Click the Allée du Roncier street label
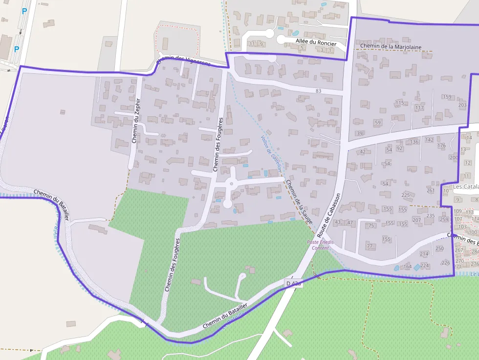pyautogui.click(x=316, y=42)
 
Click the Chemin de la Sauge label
pyautogui.click(x=299, y=202)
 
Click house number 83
pyautogui.click(x=319, y=91)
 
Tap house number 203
pyautogui.click(x=462, y=105)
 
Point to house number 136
pyautogui.click(x=414, y=142)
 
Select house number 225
pyautogui.click(x=406, y=195)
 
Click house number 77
pyautogui.click(x=370, y=246)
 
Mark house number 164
pyautogui.click(x=408, y=267)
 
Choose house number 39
pyautogui.click(x=360, y=133)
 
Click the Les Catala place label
pyautogui.click(x=465, y=187)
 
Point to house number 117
pyautogui.click(x=419, y=107)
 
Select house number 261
pyautogui.click(x=431, y=191)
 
